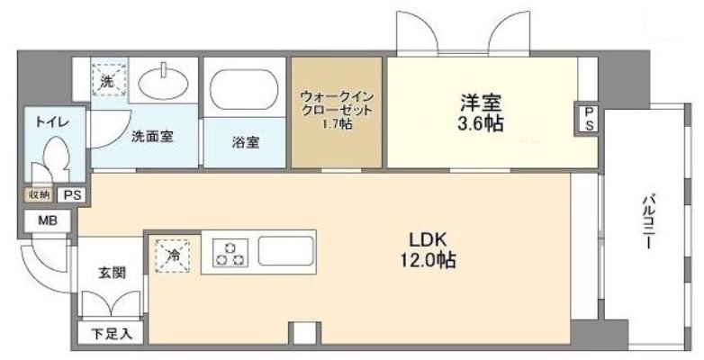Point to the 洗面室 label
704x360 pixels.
point(152,138)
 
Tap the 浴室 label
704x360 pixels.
point(246,142)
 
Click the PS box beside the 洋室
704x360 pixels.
point(589,118)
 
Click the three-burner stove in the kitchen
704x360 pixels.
point(230,251)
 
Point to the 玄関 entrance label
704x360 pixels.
point(112,273)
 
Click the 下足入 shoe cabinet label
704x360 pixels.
point(112,334)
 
